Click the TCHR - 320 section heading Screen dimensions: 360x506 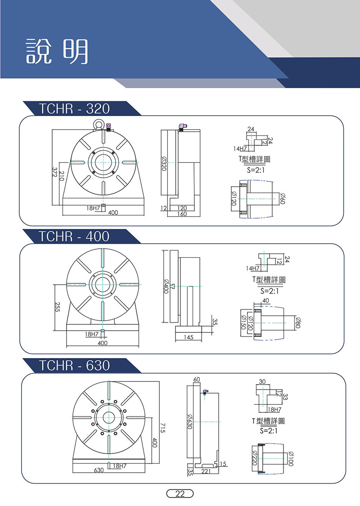coord(74,109)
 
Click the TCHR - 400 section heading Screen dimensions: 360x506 coord(74,237)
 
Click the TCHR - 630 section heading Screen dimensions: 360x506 coord(74,365)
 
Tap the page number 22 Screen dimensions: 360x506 coord(180,493)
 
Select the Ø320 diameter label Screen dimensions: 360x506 coord(164,163)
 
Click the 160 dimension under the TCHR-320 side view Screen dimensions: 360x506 coord(182,214)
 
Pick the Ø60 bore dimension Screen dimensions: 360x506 coord(283,198)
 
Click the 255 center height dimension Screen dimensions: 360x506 coord(57,308)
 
